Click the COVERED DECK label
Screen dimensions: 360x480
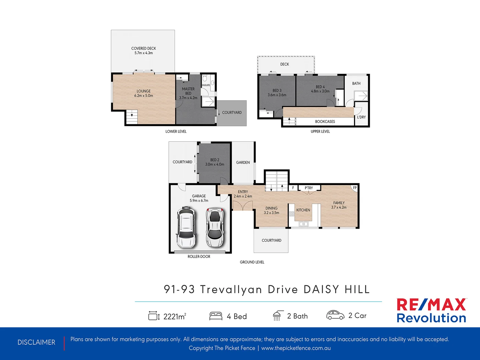144,49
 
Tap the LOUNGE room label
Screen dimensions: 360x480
144,91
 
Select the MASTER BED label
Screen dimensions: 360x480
188,91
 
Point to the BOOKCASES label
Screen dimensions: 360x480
325,122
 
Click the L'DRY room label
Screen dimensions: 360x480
361,117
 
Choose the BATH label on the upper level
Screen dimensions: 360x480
356,84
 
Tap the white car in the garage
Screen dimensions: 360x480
186,227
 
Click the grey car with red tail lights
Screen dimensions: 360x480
215,227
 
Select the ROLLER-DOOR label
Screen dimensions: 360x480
199,257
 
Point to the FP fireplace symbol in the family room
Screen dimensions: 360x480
355,188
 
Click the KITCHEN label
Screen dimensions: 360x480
303,210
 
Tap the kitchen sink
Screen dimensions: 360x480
304,224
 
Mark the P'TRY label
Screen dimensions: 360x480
309,188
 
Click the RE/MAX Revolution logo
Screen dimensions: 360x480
431,311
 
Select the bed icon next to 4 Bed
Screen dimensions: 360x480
216,316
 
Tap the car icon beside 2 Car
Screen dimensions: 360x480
335,315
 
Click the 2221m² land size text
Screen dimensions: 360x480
175,316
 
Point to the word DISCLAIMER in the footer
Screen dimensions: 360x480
36,342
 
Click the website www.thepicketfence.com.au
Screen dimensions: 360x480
296,348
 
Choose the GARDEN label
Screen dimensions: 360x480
243,163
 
